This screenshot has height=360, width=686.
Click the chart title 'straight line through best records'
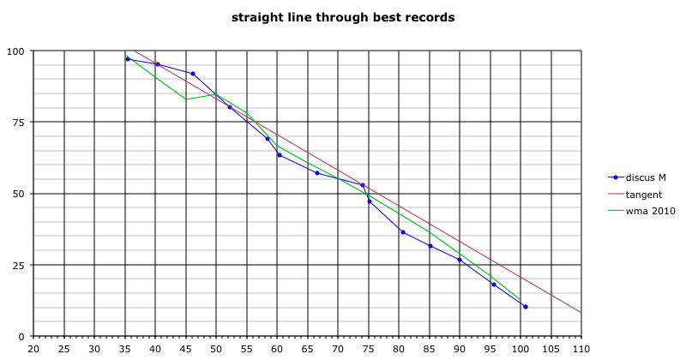[343, 17]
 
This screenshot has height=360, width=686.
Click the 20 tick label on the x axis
[33, 349]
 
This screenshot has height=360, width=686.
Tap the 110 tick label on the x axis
[581, 349]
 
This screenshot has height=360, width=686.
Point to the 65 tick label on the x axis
[308, 349]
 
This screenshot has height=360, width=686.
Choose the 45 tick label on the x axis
[186, 349]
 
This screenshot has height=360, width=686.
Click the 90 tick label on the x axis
[460, 349]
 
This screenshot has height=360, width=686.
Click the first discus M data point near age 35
[128, 59]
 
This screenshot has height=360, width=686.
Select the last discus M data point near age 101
[525, 307]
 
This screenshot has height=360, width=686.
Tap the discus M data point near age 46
[192, 74]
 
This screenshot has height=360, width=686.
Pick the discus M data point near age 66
[317, 173]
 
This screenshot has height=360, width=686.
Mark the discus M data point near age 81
[403, 232]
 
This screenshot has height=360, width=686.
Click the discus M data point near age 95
[494, 285]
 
